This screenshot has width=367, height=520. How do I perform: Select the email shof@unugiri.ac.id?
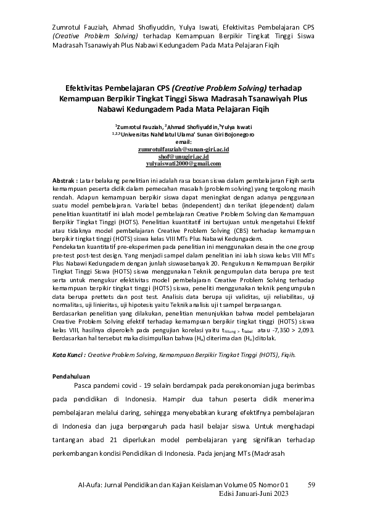(184, 157)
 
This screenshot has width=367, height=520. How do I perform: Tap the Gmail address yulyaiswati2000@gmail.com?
(183, 164)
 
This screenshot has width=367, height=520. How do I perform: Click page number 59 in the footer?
(311, 485)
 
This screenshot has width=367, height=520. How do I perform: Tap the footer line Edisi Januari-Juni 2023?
(254, 494)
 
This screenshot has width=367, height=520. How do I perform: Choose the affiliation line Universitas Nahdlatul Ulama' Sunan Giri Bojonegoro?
(186, 134)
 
